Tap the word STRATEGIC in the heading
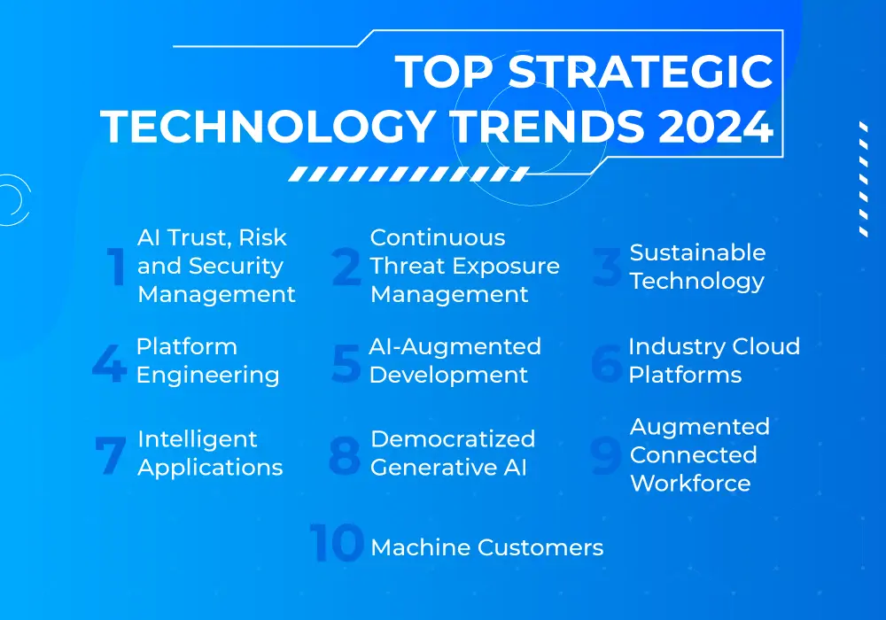click(641, 72)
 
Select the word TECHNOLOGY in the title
click(268, 126)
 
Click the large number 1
click(116, 266)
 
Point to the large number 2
click(346, 266)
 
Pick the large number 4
click(110, 364)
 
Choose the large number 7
click(110, 455)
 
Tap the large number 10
click(337, 543)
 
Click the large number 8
click(345, 455)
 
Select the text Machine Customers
click(487, 547)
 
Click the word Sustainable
click(698, 252)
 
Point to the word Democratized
click(453, 438)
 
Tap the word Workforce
click(690, 483)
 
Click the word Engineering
click(208, 376)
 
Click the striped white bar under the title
click(408, 174)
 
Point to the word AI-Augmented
click(455, 347)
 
